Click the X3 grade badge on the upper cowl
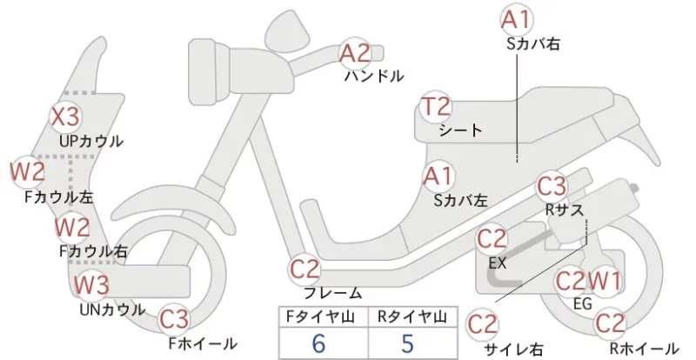(x=64, y=117)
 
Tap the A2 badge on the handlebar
(x=354, y=54)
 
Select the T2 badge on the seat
(x=436, y=107)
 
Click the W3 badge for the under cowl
(x=91, y=284)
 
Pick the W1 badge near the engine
(x=604, y=281)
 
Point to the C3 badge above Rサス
(x=552, y=186)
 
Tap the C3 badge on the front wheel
(x=173, y=318)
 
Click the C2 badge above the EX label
(x=492, y=239)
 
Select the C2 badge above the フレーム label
(x=304, y=269)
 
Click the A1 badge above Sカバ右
(x=516, y=19)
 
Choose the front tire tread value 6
(x=318, y=343)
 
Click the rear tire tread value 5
(x=407, y=343)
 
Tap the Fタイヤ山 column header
(x=320, y=317)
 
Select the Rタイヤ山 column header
(x=412, y=317)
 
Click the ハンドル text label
(x=374, y=77)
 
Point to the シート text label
(x=460, y=130)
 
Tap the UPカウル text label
(x=91, y=141)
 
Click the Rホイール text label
(x=644, y=348)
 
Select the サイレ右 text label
(x=513, y=350)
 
